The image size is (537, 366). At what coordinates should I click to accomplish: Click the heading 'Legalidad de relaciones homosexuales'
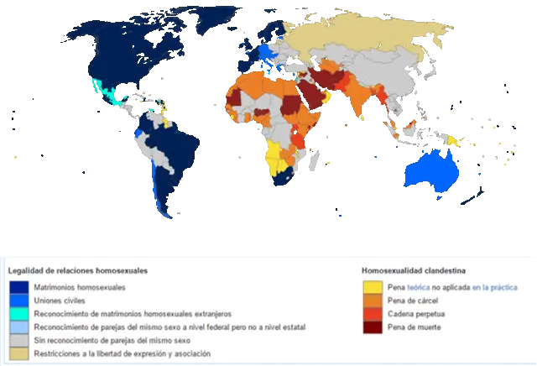(x=78, y=271)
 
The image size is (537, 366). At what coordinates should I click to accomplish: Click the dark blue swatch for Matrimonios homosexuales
(x=17, y=288)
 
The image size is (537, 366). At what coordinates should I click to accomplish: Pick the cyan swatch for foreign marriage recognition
(x=17, y=313)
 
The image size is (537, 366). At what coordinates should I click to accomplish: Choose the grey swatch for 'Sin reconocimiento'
(x=17, y=340)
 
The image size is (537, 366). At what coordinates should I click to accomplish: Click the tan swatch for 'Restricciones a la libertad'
(x=17, y=353)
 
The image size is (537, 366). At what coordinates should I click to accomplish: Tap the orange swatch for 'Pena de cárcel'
(x=372, y=301)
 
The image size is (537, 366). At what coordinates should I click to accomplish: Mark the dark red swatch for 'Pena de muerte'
(x=372, y=327)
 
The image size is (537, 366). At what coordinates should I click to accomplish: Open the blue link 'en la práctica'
(x=494, y=288)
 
